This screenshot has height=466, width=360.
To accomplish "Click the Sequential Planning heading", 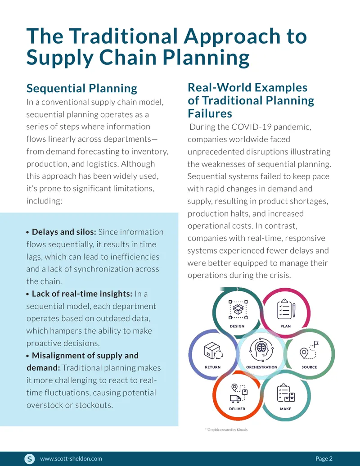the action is (x=82, y=89).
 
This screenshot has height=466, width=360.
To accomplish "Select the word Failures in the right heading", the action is (x=210, y=113).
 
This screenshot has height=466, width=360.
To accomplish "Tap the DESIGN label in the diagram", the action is (x=237, y=326).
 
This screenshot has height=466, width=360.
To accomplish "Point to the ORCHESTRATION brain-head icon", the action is (x=261, y=349).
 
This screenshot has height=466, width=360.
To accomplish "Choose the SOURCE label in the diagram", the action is (x=309, y=367).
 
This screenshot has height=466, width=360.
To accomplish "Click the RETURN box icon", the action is (x=213, y=351).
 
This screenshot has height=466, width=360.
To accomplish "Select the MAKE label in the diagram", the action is (x=285, y=409).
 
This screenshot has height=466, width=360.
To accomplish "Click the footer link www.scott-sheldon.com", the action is (x=71, y=458).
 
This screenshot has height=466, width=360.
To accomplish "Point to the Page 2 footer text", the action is (x=324, y=458).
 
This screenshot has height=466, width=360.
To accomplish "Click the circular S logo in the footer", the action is (x=29, y=459).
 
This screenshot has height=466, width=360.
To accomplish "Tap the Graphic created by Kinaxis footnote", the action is (x=226, y=430).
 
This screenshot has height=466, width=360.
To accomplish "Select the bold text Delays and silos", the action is (x=64, y=232).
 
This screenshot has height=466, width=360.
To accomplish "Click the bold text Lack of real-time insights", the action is (x=82, y=294).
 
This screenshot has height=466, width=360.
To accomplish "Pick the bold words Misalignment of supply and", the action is (x=85, y=356).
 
